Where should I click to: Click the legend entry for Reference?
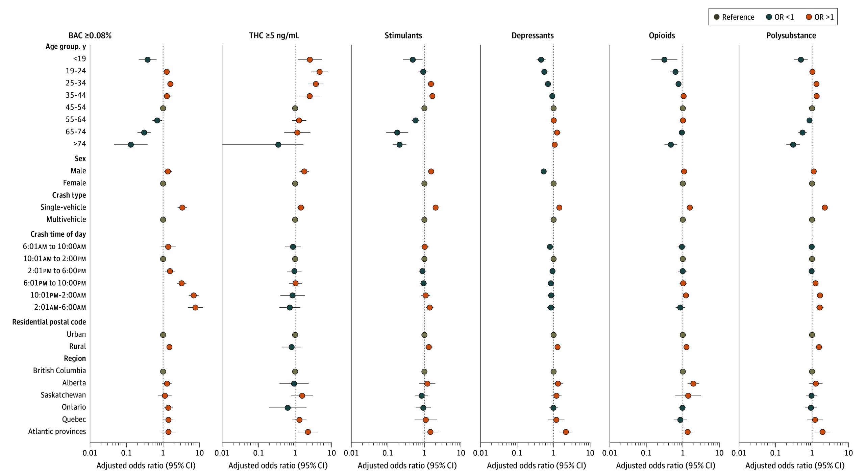point(734,17)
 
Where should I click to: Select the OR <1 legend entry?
point(780,17)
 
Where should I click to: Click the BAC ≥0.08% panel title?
point(90,35)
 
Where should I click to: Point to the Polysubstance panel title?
point(791,35)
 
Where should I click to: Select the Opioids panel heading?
point(662,35)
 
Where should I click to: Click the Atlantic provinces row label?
point(57,431)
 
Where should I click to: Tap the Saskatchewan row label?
point(63,395)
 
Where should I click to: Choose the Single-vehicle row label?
point(63,207)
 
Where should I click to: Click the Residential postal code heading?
point(49,322)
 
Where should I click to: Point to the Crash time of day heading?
point(58,234)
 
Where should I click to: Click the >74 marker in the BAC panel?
point(131,145)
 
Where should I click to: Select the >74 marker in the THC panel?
point(278,145)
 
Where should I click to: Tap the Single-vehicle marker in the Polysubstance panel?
point(825,208)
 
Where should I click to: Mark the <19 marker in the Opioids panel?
point(664,60)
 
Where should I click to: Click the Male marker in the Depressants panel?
point(544,171)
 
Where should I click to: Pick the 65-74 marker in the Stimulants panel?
point(397,133)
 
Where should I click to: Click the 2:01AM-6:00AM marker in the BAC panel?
point(195,308)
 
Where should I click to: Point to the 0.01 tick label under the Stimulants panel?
point(351,453)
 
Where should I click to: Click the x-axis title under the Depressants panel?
point(536,466)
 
